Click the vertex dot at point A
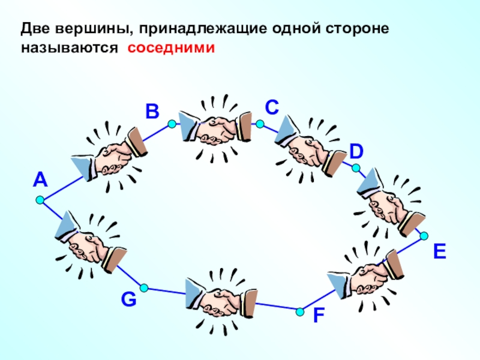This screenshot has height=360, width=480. [x=40, y=200]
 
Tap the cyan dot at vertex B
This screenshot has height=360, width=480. [x=172, y=124]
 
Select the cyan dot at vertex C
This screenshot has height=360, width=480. [x=260, y=124]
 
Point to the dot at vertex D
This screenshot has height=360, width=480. [x=356, y=168]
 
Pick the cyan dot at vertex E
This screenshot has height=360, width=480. [x=424, y=236]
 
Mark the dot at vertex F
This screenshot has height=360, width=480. [x=300, y=312]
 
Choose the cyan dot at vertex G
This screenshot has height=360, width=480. [x=144, y=288]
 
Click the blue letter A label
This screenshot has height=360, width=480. [x=40, y=179]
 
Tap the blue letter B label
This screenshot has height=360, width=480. [x=152, y=111]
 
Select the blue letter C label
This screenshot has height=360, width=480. [x=272, y=107]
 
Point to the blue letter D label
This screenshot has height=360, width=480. [x=356, y=152]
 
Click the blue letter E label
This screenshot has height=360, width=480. [x=440, y=251]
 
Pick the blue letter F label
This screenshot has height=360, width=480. [x=319, y=316]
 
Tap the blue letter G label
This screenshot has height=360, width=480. [x=128, y=299]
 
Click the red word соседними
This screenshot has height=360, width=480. [x=171, y=48]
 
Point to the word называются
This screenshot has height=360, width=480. [x=70, y=49]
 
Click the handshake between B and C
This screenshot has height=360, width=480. [x=216, y=128]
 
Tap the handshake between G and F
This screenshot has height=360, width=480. [x=221, y=302]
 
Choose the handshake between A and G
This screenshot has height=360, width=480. [x=91, y=244]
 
